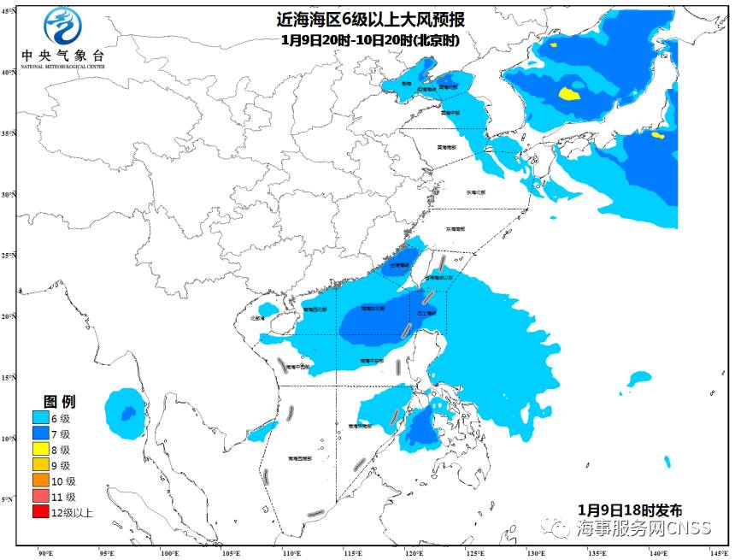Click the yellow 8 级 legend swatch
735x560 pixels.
[x=40, y=450]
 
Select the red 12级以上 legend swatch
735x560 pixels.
[x=40, y=513]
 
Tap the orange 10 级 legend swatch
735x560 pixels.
[x=40, y=481]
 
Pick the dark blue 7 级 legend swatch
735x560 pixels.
[x=40, y=434]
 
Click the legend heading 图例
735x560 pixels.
[x=60, y=401]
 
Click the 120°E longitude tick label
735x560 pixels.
[x=415, y=552]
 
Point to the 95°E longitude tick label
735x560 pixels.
[x=108, y=552]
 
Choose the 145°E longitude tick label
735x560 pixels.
[x=718, y=552]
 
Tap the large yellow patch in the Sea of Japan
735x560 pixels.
[x=568, y=92]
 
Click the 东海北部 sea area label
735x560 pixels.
[x=476, y=192]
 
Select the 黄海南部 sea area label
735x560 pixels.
[x=446, y=147]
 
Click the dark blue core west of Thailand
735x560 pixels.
[x=127, y=414]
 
